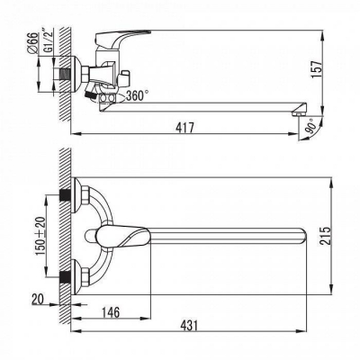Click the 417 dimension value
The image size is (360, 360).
coord(184,128)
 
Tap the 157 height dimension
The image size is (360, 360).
coord(317,69)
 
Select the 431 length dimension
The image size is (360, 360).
coord(189,325)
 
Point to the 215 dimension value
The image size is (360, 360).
coord(325,236)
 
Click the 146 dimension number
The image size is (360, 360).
coord(110,312)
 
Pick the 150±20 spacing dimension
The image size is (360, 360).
coord(40,236)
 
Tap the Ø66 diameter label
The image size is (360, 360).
coord(33,43)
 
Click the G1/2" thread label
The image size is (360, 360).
coord(48,41)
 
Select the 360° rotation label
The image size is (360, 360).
coord(137,95)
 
